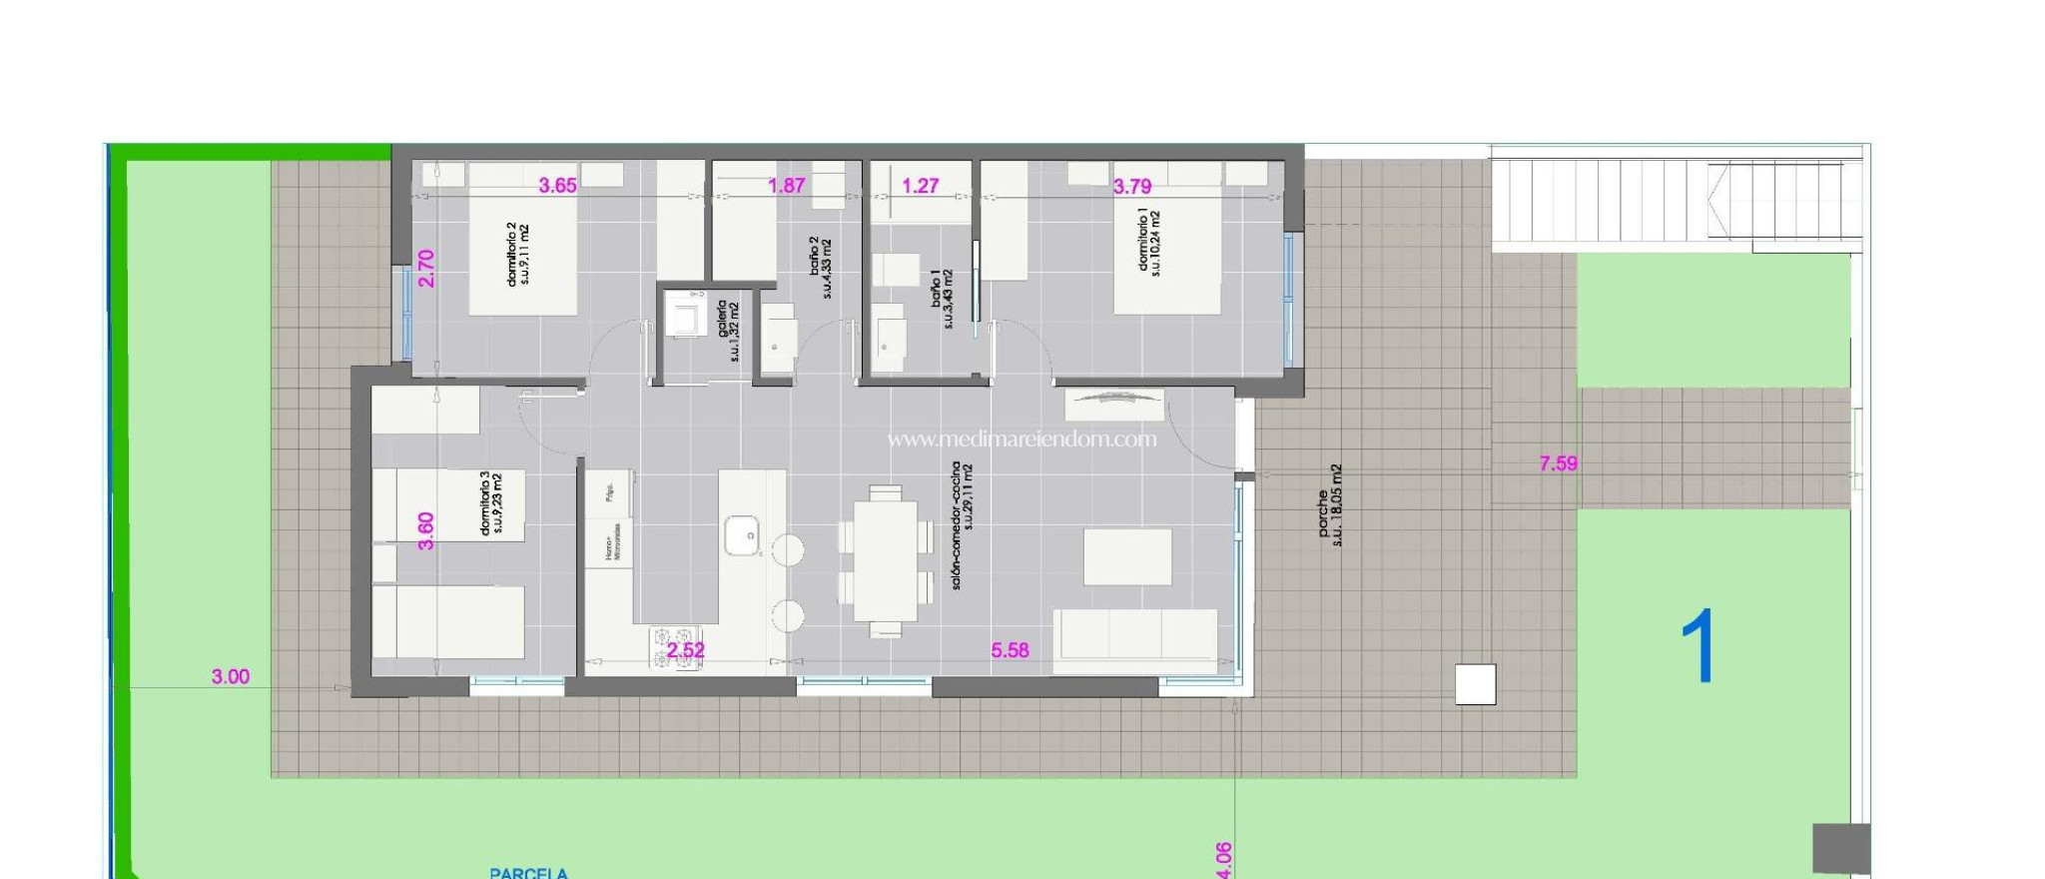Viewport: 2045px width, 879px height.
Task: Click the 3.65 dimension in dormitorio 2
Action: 557,186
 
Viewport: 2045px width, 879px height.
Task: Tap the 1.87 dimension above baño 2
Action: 786,186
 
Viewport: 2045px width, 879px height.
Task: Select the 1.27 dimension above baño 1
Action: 920,186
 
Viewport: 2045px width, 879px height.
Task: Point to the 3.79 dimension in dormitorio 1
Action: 1132,187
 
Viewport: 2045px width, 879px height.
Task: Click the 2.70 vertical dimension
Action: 426,269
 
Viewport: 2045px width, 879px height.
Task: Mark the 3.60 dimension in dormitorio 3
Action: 426,530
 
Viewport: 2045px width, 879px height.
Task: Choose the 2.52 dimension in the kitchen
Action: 686,650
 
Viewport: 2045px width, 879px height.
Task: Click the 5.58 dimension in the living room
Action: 1010,650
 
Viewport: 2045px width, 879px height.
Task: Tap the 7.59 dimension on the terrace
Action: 1558,463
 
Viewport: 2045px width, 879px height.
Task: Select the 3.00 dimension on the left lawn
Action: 231,677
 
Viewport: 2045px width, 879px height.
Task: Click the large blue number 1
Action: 1698,647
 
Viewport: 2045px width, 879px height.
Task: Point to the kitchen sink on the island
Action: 742,535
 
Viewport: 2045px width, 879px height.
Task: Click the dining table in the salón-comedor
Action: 885,560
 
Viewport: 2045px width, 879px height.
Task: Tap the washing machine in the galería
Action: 686,317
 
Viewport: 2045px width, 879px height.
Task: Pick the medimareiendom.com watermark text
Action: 1022,439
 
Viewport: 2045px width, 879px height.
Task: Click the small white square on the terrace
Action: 1475,685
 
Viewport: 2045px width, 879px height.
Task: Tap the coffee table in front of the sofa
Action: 1127,557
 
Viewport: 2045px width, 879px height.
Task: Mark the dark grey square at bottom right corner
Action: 1840,849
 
